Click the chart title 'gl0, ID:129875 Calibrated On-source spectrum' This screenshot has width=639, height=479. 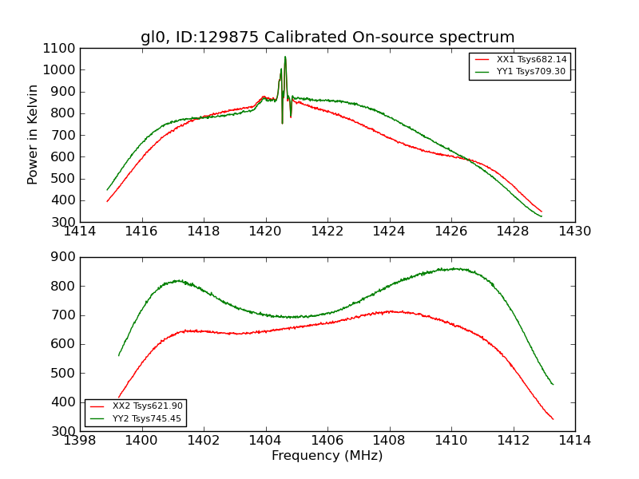coord(327,38)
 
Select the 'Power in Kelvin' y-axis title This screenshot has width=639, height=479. coord(34,134)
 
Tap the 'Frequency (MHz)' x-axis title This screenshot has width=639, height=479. coord(327,456)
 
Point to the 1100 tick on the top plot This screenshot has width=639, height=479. coord(61,48)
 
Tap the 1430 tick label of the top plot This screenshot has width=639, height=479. coord(574,232)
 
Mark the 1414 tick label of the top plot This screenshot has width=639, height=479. coord(81,232)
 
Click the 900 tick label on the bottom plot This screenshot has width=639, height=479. coord(65,257)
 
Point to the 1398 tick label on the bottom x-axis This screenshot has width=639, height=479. coord(81,441)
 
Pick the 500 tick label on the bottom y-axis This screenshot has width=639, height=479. coord(65,373)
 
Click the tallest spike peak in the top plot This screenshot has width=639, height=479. coord(285,57)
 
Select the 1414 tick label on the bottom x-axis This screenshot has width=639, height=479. coord(574,441)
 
